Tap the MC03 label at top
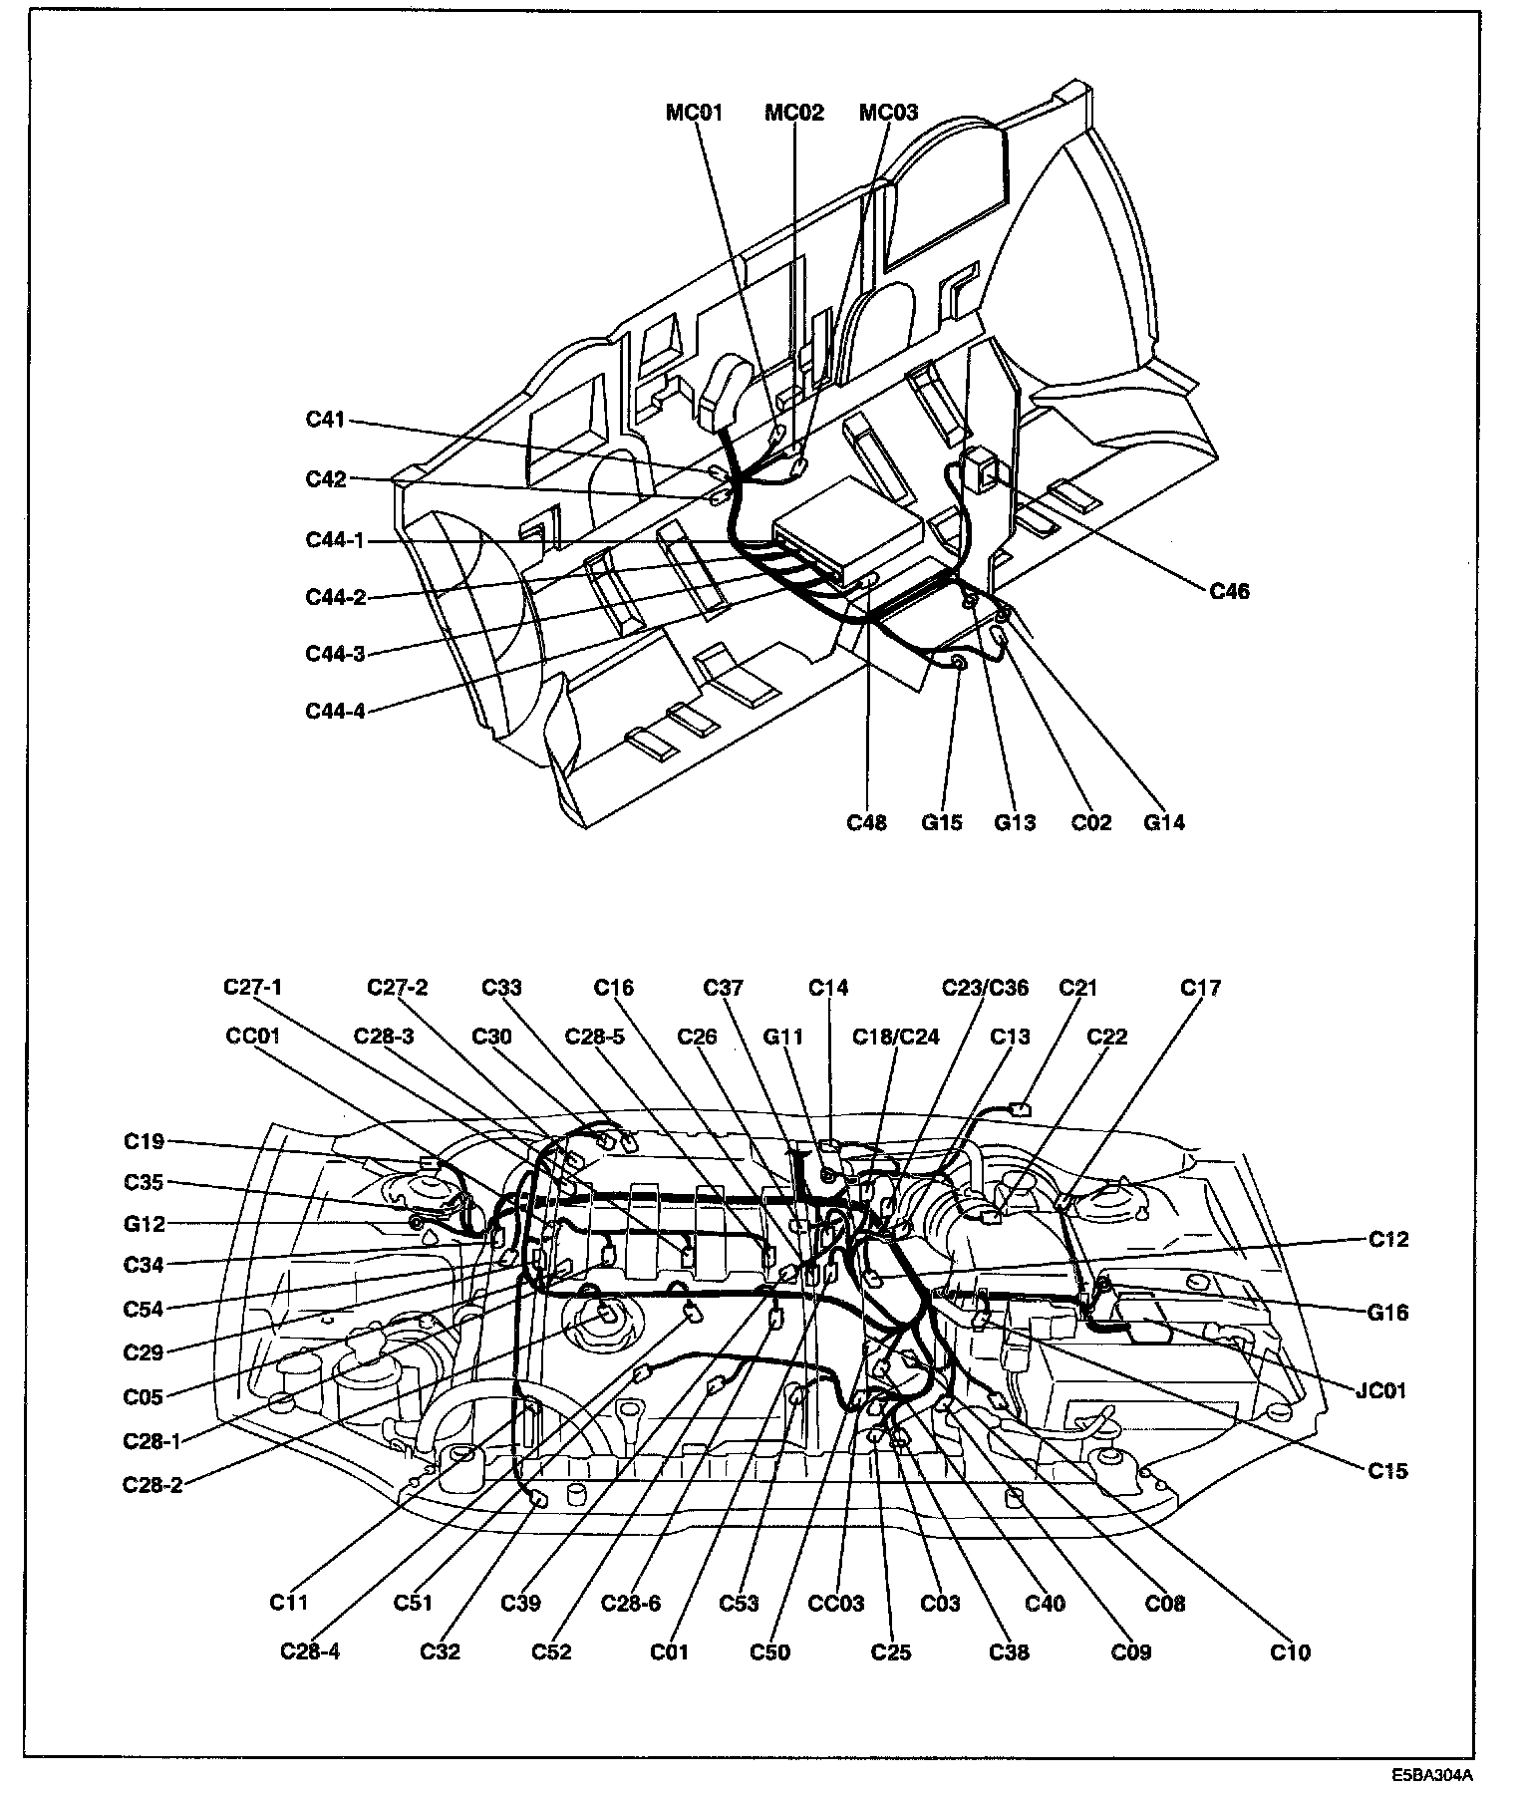coord(888,113)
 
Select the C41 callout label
coord(325,420)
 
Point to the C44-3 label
coord(335,654)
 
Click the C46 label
coord(1229,591)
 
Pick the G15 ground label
coord(941,822)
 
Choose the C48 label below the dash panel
coord(866,822)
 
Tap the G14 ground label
coord(1163,822)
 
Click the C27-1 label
coord(252,988)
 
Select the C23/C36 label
coord(985,988)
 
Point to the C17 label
coord(1200,988)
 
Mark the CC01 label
coord(253,1036)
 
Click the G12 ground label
coord(145,1224)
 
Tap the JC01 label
coord(1380,1389)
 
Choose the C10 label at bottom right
coord(1290,1652)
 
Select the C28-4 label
coord(310,1652)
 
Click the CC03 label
coord(835,1604)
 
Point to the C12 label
coord(1388,1239)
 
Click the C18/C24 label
coord(895,1036)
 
